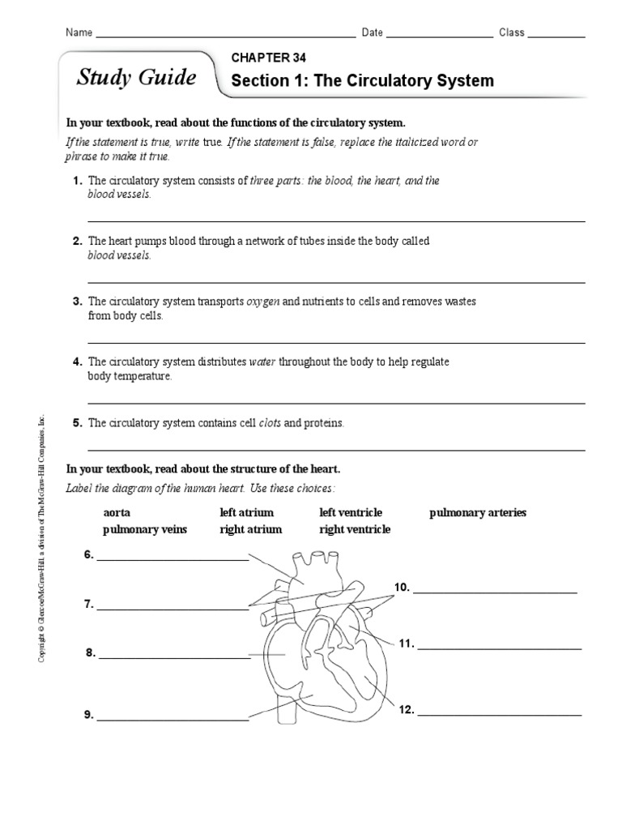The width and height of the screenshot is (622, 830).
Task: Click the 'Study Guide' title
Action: pyautogui.click(x=136, y=78)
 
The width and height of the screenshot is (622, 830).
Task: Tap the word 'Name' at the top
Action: pyautogui.click(x=79, y=33)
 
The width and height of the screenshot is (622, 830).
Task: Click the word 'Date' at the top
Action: pyautogui.click(x=372, y=33)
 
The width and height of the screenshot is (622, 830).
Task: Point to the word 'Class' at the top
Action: pyautogui.click(x=512, y=33)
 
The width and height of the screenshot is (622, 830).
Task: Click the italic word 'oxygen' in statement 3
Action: pyautogui.click(x=263, y=302)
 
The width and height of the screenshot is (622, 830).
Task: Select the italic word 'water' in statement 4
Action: pyautogui.click(x=263, y=362)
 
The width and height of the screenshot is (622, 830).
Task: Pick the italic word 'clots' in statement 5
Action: pyautogui.click(x=270, y=423)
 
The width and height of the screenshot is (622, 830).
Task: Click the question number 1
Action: pyautogui.click(x=78, y=182)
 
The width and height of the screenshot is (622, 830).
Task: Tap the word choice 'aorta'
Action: pyautogui.click(x=117, y=513)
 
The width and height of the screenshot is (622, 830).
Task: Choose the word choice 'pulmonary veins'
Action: pyautogui.click(x=145, y=529)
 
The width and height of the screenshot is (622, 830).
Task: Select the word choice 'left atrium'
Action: pyautogui.click(x=246, y=513)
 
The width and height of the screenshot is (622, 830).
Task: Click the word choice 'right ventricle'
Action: pyautogui.click(x=355, y=529)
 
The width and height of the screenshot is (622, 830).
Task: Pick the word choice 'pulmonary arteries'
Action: pyautogui.click(x=478, y=513)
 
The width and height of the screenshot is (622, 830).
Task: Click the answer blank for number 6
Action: pyautogui.click(x=173, y=558)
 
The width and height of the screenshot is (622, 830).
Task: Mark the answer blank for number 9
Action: pyautogui.click(x=173, y=717)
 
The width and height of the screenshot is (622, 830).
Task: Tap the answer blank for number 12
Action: pyautogui.click(x=500, y=713)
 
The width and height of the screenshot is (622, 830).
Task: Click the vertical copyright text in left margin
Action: pyautogui.click(x=43, y=538)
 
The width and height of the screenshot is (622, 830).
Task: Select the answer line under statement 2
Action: pyautogui.click(x=336, y=281)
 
